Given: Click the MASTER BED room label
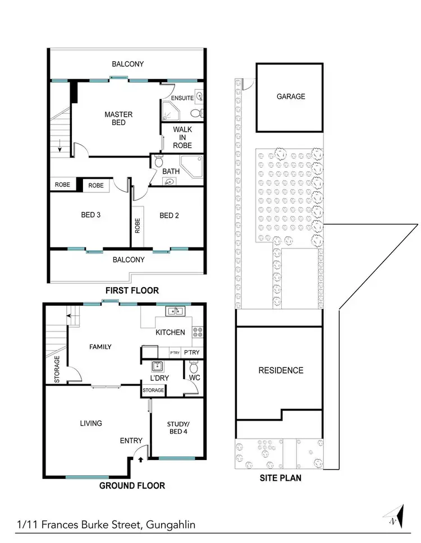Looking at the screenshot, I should (x=118, y=118).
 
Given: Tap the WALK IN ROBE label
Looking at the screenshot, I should (x=182, y=137).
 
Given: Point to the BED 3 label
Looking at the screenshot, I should (x=90, y=215).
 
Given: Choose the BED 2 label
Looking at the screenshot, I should (x=169, y=215).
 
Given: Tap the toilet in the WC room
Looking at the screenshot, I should (x=194, y=367).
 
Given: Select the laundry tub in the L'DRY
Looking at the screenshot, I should (x=158, y=367).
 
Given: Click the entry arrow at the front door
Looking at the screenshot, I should (x=140, y=459).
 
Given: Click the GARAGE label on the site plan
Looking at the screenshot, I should (x=291, y=96).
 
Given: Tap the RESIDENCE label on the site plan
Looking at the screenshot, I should (x=281, y=370).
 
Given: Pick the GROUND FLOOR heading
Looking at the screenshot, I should (x=132, y=486).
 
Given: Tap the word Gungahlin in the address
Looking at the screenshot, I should (x=171, y=525).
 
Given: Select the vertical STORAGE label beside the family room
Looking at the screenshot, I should (x=57, y=370).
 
